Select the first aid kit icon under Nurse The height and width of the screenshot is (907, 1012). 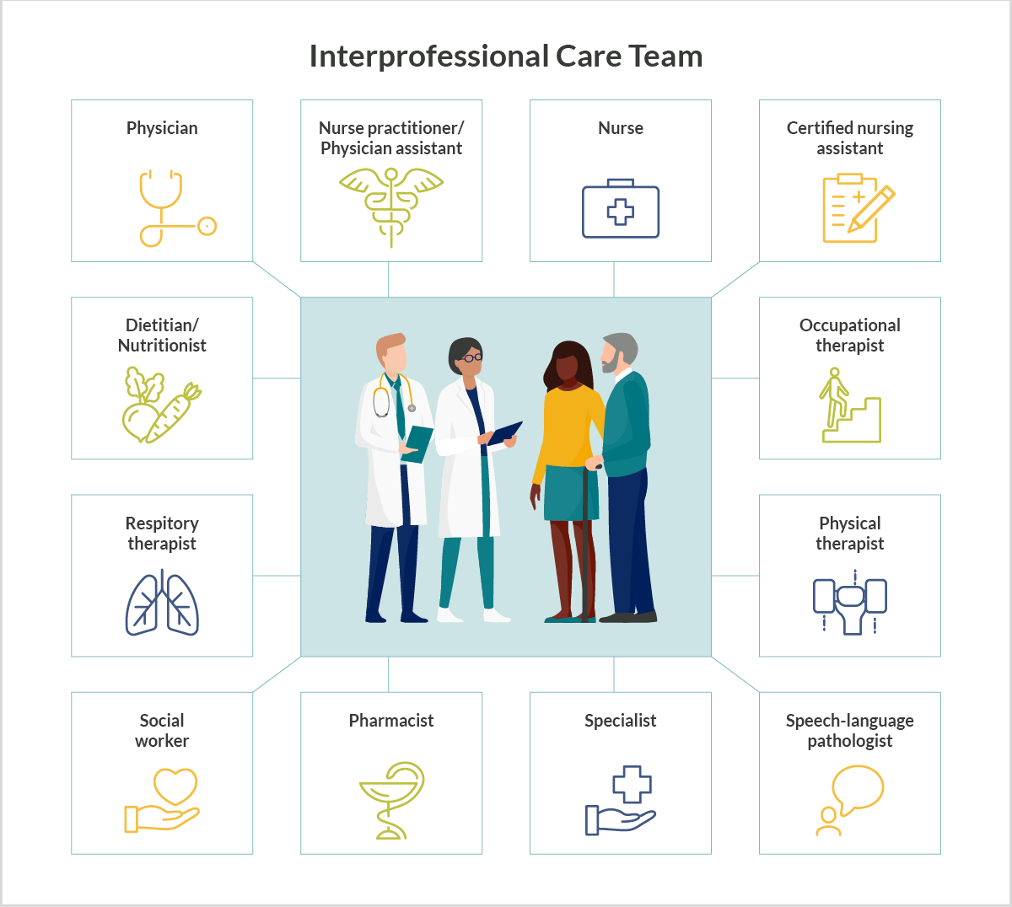621,209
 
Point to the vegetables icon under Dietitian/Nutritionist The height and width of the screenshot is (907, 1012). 161,405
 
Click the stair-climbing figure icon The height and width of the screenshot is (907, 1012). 850,405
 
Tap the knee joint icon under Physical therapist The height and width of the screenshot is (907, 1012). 850,603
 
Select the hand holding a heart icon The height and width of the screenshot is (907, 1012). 161,800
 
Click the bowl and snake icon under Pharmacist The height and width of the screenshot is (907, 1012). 391,800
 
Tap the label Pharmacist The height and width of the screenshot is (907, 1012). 391,720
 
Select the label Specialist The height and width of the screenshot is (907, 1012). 621,720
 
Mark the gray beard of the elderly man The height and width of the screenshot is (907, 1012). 610,363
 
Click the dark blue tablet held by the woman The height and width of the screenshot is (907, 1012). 505,432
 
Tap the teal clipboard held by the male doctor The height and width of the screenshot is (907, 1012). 418,443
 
